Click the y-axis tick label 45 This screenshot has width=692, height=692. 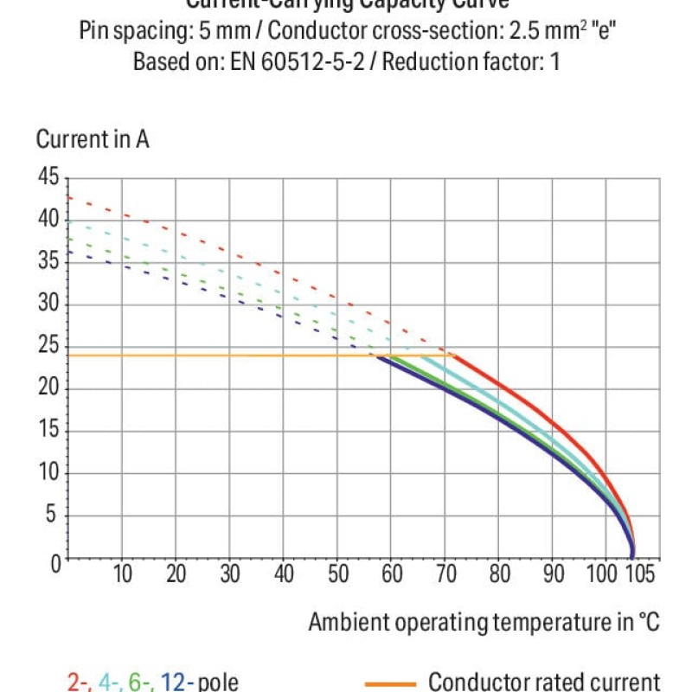[x=47, y=178]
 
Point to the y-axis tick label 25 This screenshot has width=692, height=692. [x=47, y=347]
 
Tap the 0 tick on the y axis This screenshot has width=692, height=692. [x=53, y=563]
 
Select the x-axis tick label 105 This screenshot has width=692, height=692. [x=639, y=573]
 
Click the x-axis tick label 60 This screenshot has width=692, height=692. [x=393, y=573]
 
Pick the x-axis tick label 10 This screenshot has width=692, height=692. [x=123, y=573]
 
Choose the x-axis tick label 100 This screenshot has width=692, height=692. [x=605, y=573]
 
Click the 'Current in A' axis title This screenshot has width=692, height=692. [x=93, y=139]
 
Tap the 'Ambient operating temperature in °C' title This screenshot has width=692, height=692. [x=484, y=622]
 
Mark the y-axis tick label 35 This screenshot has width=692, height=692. [x=47, y=262]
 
